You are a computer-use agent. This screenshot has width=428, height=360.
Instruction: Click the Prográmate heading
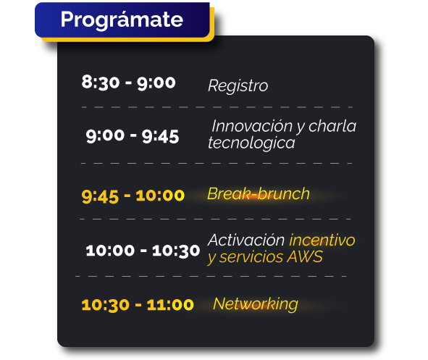pyautogui.click(x=122, y=20)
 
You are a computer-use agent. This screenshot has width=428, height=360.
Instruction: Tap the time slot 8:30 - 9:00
pyautogui.click(x=128, y=82)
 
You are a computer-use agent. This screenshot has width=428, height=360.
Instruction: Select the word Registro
pyautogui.click(x=238, y=85)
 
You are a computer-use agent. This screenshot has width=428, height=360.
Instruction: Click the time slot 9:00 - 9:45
pyautogui.click(x=133, y=135)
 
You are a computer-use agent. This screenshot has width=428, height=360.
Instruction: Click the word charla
pyautogui.click(x=332, y=126)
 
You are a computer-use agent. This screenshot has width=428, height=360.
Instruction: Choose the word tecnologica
pyautogui.click(x=251, y=143)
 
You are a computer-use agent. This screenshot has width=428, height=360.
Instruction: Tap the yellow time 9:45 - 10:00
pyautogui.click(x=133, y=196)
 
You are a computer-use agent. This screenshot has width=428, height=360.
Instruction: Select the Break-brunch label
pyautogui.click(x=259, y=194)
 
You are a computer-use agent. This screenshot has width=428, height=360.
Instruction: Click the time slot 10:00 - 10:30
pyautogui.click(x=143, y=251)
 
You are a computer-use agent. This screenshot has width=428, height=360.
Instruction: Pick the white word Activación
pyautogui.click(x=246, y=240)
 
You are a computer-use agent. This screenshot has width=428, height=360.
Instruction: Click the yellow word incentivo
pyautogui.click(x=322, y=240)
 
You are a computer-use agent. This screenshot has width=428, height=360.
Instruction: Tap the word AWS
pyautogui.click(x=305, y=257)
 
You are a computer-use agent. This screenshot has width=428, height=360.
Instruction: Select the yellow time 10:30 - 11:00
pyautogui.click(x=138, y=305)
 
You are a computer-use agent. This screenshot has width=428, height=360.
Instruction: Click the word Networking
pyautogui.click(x=255, y=304)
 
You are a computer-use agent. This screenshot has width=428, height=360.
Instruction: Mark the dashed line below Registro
pyautogui.click(x=217, y=107)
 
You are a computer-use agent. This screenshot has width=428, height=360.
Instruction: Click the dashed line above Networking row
pyautogui.click(x=211, y=276)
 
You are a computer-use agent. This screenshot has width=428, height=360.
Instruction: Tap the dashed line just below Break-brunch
pyautogui.click(x=215, y=219)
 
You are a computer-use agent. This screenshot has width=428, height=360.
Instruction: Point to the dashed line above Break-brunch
pyautogui.click(x=217, y=164)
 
